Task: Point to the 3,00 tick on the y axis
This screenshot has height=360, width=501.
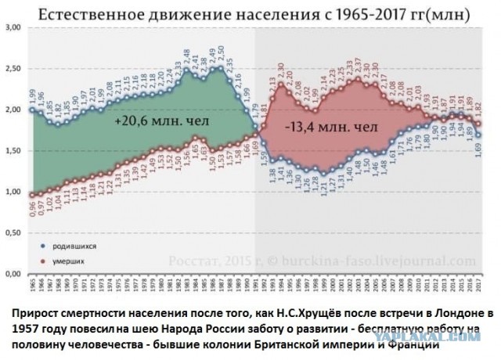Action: pyautogui.click(x=13, y=27)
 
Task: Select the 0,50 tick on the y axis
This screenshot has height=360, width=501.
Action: pyautogui.click(x=13, y=233)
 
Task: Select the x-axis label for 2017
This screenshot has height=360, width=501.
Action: pyautogui.click(x=478, y=285)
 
